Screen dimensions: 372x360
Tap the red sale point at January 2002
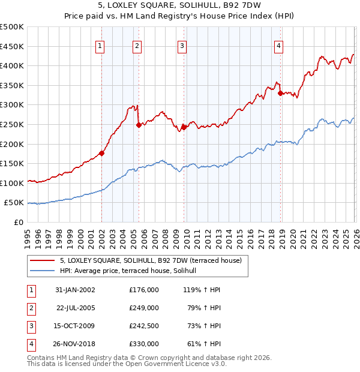point(102,153)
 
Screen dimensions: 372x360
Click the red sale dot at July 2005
point(139,125)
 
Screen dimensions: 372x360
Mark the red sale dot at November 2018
point(280,93)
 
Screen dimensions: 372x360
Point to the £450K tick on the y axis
point(13,46)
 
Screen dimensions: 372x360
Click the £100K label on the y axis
point(13,183)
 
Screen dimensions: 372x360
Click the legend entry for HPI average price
point(132,271)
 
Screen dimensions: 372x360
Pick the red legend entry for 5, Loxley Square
point(150,260)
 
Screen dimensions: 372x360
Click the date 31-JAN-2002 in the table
point(74,290)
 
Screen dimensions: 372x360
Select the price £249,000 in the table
point(143,308)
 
